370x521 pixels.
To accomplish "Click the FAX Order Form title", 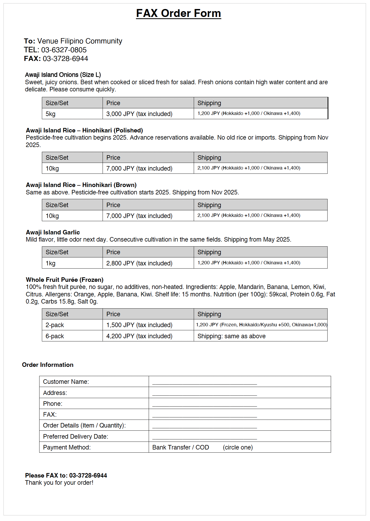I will click(178, 13).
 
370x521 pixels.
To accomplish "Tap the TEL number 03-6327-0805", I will click(64, 50).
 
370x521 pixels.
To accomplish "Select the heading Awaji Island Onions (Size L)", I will click(63, 75).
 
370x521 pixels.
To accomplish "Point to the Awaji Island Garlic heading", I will click(53, 232).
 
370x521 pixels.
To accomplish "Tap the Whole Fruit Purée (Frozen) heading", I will click(64, 280).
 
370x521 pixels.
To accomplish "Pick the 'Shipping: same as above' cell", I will click(231, 336).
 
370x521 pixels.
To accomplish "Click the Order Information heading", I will click(48, 365).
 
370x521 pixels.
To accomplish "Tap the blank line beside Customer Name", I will click(204, 382).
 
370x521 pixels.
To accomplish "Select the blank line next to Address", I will click(204, 393).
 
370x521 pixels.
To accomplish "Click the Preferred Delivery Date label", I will click(76, 437).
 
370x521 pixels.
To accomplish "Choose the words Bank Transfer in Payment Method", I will click(171, 447).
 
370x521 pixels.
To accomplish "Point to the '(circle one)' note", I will click(238, 447).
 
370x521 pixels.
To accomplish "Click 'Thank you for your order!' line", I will click(59, 483).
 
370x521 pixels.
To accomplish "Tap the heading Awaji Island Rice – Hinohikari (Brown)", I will click(81, 185).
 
